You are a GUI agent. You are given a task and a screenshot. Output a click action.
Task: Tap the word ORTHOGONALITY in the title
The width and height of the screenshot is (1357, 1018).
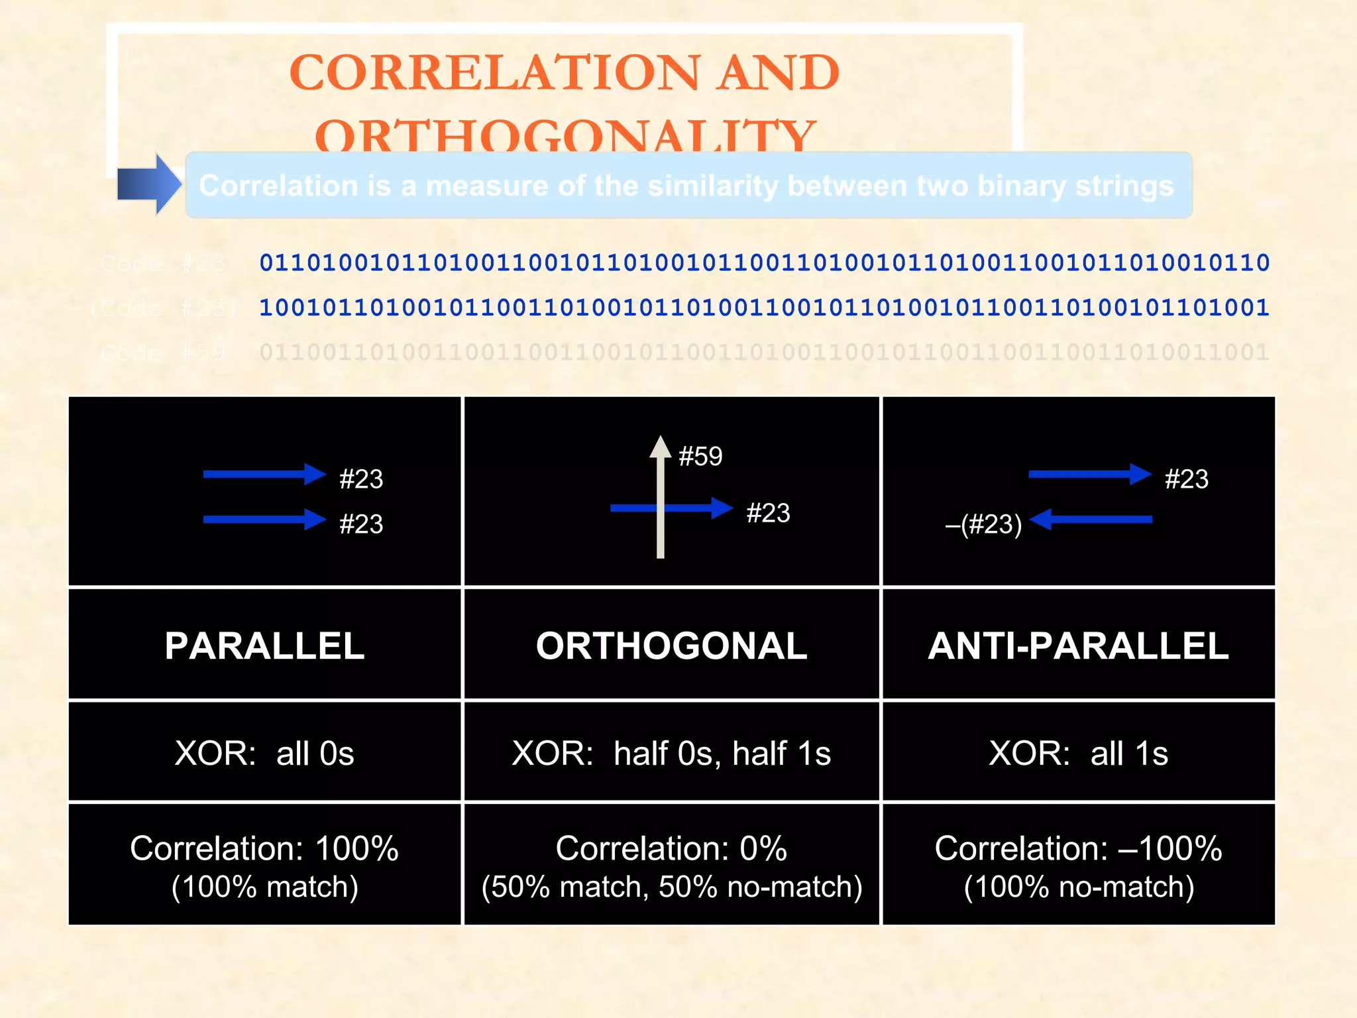click(565, 135)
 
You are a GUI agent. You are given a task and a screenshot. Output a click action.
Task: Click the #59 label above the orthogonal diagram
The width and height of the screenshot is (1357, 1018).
click(700, 457)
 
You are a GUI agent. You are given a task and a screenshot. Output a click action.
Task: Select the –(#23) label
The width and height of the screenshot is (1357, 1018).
click(983, 524)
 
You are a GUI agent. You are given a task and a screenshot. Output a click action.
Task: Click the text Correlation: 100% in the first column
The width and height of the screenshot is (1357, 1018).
click(264, 848)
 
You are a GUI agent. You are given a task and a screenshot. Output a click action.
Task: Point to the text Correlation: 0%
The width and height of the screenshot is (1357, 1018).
click(671, 848)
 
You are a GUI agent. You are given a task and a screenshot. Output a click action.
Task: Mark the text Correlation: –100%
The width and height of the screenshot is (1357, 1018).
click(1078, 848)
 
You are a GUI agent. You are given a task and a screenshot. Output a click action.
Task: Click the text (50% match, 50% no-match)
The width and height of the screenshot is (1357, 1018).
click(671, 887)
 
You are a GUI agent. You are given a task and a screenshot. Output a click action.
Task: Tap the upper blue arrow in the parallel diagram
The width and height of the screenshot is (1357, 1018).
click(264, 474)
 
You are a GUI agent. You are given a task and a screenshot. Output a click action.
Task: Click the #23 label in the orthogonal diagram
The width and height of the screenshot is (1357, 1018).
click(768, 513)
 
